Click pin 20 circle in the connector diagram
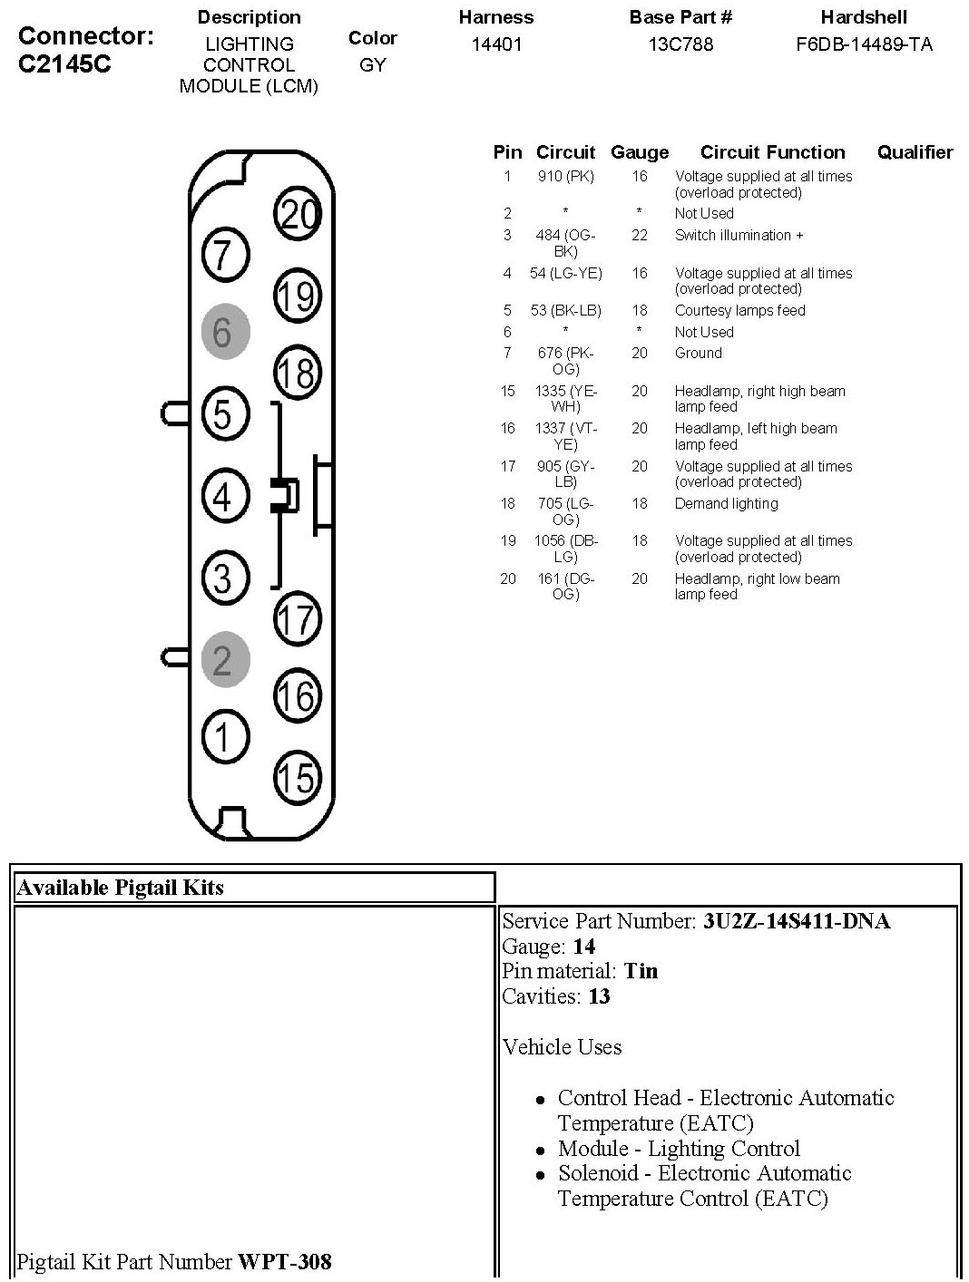point(298,214)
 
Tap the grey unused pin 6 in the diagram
point(224,333)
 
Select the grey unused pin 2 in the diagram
point(224,659)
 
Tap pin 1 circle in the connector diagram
point(224,736)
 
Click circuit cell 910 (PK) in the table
point(565,177)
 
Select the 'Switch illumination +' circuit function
point(739,236)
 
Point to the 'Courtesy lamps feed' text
point(739,311)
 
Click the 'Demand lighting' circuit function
point(726,504)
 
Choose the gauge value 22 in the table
point(640,236)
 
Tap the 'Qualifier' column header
point(915,152)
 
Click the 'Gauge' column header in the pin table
point(640,152)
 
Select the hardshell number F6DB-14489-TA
point(864,44)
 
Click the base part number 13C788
point(680,44)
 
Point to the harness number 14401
point(496,44)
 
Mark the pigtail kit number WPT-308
point(284,1261)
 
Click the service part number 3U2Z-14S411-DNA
point(796,922)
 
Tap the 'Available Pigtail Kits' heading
point(120,888)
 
